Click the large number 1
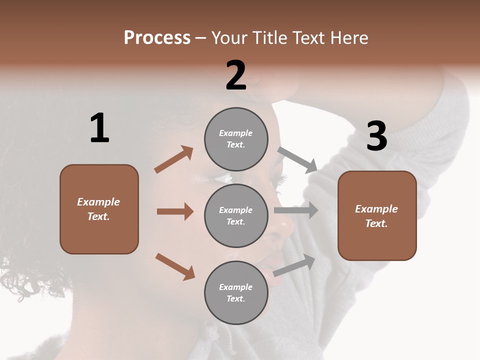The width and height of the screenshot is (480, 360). [x=99, y=128]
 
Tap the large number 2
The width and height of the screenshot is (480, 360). [x=236, y=75]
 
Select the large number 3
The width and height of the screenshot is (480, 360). [x=376, y=136]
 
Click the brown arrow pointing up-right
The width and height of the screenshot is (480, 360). [x=174, y=159]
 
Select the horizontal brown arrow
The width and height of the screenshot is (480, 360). [x=175, y=211]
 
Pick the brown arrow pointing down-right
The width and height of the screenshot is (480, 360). [x=175, y=266]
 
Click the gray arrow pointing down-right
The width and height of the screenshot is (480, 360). [x=298, y=160]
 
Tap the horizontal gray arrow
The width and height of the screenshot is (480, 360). [x=296, y=210]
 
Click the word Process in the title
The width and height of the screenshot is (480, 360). [x=157, y=37]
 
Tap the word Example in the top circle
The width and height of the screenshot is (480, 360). [x=236, y=133]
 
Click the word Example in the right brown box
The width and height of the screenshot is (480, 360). [x=376, y=209]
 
